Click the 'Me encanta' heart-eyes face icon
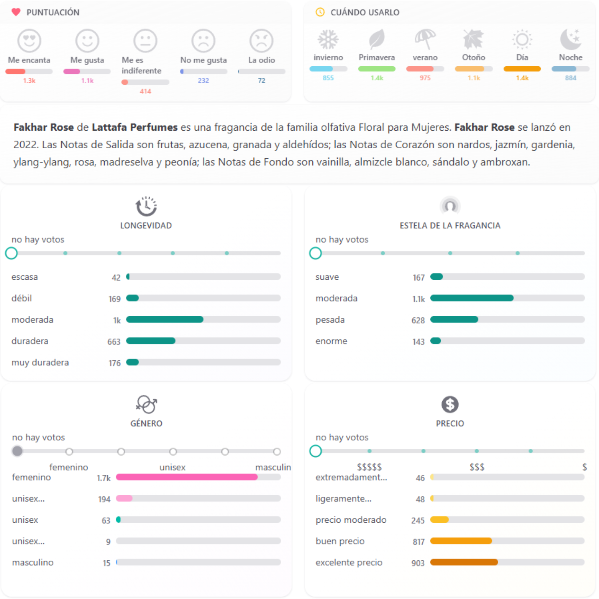coord(29,40)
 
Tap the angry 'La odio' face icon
coord(261,40)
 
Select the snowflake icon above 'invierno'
coord(328,39)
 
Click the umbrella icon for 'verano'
coord(425,39)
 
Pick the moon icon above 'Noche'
coord(570,39)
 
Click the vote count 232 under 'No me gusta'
coord(203,80)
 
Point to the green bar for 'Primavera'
coord(377,69)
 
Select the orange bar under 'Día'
coord(522,69)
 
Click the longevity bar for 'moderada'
coord(165,320)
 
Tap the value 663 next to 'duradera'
coord(114,341)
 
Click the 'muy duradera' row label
coord(40,363)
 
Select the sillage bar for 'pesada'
coord(454,320)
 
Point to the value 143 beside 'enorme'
coord(418,341)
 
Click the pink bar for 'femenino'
coord(187,477)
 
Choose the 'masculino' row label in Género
coord(33,563)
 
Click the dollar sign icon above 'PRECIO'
coord(450,404)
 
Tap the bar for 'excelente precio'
coord(464,562)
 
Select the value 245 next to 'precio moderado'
coord(418,520)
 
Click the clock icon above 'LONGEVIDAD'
coord(146,206)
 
